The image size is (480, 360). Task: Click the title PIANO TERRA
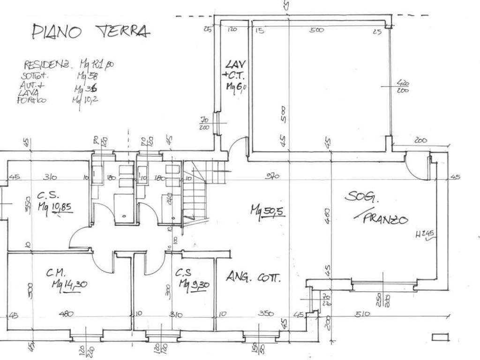91,31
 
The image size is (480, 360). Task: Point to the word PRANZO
386,218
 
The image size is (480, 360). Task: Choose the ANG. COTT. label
253,277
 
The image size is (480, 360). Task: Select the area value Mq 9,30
194,284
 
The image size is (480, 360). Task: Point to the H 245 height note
426,235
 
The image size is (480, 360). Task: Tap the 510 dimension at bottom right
363,314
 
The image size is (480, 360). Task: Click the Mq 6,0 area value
236,87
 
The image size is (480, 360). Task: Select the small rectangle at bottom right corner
441,337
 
